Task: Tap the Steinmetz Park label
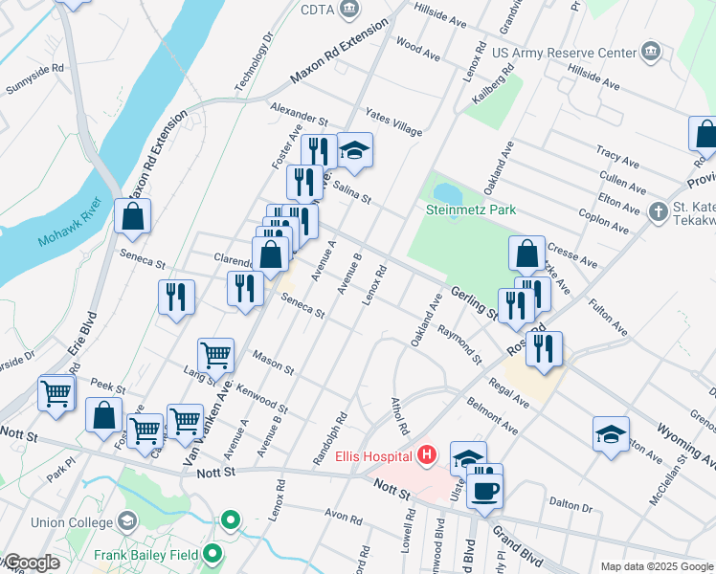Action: click(x=471, y=210)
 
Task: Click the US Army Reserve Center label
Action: click(x=563, y=51)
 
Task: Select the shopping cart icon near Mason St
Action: click(x=216, y=354)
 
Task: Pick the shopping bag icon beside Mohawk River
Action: click(x=132, y=216)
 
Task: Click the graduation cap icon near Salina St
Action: click(x=354, y=149)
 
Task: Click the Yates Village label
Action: click(x=392, y=127)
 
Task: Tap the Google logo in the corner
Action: click(x=33, y=563)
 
